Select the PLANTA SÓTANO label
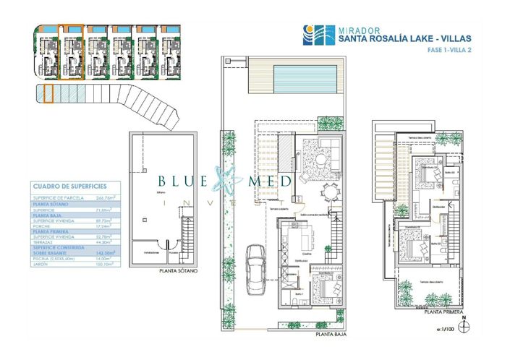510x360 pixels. [x=177, y=273]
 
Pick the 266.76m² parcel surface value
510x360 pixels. [x=109, y=197]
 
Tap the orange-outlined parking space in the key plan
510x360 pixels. [x=48, y=94]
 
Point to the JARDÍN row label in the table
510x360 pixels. [x=43, y=264]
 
